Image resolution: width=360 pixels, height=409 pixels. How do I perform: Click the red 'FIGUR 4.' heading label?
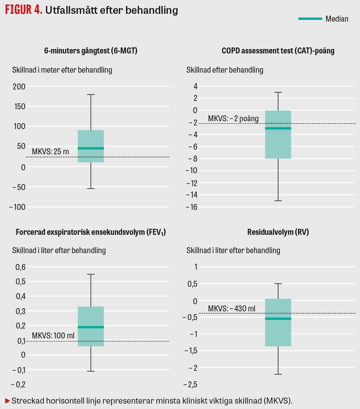[x=23, y=10]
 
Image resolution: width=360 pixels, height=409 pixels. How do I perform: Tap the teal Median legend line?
[x=310, y=19]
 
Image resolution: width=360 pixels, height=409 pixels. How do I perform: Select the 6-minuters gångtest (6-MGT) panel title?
[x=91, y=50]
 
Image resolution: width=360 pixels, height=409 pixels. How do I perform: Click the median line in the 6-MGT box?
[x=91, y=148]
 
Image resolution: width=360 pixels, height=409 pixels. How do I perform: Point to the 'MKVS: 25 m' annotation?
[x=50, y=152]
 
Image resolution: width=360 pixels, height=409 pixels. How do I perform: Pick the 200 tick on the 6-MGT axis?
[x=19, y=86]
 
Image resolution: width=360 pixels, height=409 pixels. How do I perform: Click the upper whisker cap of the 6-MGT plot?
[x=91, y=95]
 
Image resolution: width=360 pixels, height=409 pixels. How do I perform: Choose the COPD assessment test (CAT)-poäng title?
[x=278, y=50]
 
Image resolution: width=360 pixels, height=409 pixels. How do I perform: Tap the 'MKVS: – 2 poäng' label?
[x=233, y=119]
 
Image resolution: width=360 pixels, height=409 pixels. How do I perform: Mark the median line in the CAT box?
[x=278, y=128]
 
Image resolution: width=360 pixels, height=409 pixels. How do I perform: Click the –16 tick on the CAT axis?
[x=192, y=207]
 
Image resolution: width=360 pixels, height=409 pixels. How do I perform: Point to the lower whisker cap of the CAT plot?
[x=278, y=201]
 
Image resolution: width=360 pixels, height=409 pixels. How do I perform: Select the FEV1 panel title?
[x=91, y=232]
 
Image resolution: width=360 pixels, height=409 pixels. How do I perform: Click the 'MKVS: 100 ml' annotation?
[x=53, y=335]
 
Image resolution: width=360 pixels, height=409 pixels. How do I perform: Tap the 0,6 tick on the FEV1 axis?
[x=20, y=267]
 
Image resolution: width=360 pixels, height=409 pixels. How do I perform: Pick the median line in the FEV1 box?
[x=91, y=327]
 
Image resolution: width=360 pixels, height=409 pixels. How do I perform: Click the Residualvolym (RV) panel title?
[x=278, y=232]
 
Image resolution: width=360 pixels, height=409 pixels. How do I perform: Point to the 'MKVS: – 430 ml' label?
[x=232, y=309]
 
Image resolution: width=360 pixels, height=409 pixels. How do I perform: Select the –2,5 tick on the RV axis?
[x=190, y=385]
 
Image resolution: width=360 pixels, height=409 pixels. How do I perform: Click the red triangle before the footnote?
[x=7, y=401]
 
